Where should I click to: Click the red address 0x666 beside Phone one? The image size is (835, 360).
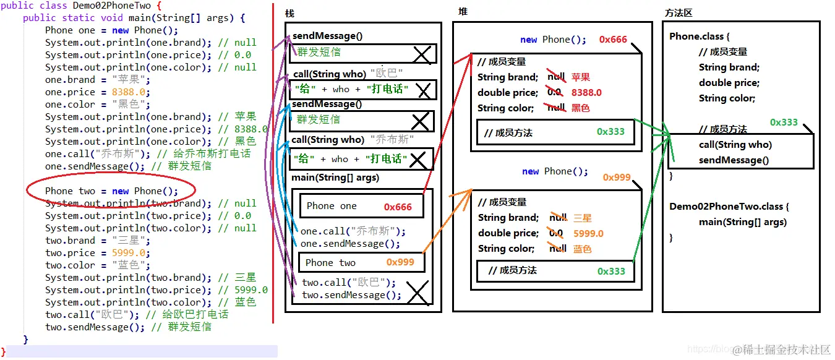(x=398, y=207)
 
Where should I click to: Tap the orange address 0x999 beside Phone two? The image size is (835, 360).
(x=400, y=262)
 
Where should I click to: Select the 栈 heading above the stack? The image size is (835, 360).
(x=289, y=14)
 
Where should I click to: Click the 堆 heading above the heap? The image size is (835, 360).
(x=463, y=12)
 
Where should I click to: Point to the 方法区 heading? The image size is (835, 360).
(x=678, y=12)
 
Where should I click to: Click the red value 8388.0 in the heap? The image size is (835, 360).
(x=586, y=93)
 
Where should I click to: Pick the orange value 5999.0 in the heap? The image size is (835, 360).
(x=588, y=234)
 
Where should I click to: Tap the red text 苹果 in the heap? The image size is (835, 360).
(x=580, y=77)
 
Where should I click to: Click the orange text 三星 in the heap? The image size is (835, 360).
(x=583, y=218)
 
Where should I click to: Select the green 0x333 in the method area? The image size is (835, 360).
(x=784, y=122)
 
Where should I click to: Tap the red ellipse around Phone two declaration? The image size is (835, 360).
(x=111, y=191)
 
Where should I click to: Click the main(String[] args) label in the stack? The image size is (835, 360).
(x=335, y=178)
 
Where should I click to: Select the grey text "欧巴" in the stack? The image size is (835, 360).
(x=387, y=74)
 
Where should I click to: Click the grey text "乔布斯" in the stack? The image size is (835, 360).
(x=392, y=140)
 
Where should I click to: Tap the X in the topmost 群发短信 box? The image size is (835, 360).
(x=422, y=55)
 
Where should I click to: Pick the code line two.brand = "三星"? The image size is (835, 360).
(x=97, y=241)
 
